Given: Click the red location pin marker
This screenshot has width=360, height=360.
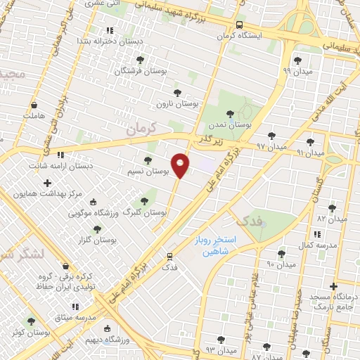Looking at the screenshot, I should [x=181, y=165].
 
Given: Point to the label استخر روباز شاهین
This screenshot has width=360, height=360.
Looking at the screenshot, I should [x=215, y=245].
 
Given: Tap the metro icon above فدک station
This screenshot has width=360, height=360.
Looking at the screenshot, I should [x=169, y=256].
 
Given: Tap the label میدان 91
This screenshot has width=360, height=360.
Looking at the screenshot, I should [x=309, y=152].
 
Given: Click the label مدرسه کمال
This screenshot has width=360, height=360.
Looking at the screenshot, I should [x=314, y=245].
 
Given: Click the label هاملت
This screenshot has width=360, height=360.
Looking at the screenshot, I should [x=33, y=115].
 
